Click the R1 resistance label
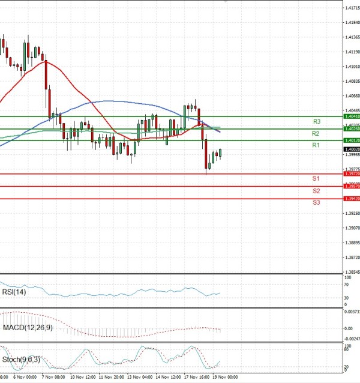316,146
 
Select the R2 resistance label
316,133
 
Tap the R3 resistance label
316,121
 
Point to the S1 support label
316,179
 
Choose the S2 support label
316,191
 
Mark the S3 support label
316,203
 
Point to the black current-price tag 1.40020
352,149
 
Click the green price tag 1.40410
352,116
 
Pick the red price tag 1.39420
352,199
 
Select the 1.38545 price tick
352,272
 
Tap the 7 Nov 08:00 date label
53,378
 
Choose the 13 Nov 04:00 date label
140,378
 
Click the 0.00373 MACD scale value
352,312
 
